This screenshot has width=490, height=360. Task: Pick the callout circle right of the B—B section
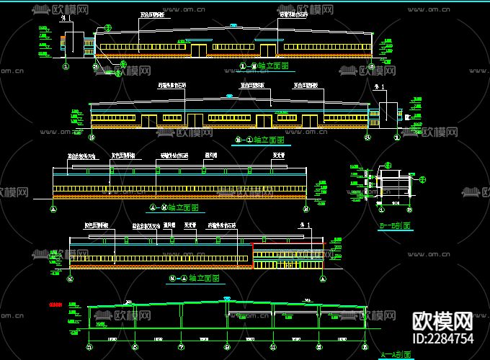click(423, 180)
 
